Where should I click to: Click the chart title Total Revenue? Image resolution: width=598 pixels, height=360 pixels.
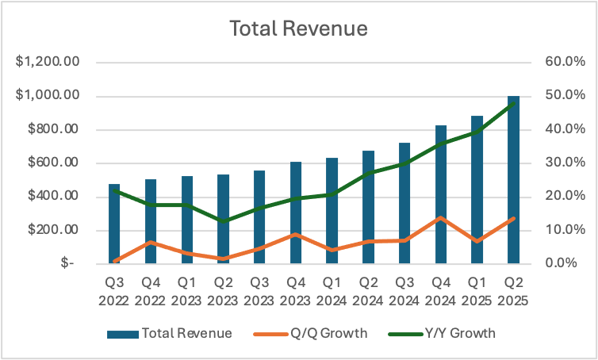(x=298, y=29)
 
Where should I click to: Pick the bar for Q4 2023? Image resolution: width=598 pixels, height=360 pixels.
(x=296, y=214)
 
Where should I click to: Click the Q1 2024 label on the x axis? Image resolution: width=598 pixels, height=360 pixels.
(x=332, y=293)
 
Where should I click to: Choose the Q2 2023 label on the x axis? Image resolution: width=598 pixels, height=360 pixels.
(x=223, y=293)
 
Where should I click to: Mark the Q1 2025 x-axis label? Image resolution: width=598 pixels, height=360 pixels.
(x=477, y=293)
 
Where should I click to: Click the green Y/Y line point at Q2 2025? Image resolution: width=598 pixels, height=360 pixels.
(x=513, y=102)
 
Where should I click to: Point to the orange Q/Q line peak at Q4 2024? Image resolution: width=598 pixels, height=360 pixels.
(x=441, y=217)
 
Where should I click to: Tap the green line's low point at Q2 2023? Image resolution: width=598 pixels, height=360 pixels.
(x=224, y=220)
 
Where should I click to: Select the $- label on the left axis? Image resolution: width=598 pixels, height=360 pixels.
(x=67, y=263)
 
